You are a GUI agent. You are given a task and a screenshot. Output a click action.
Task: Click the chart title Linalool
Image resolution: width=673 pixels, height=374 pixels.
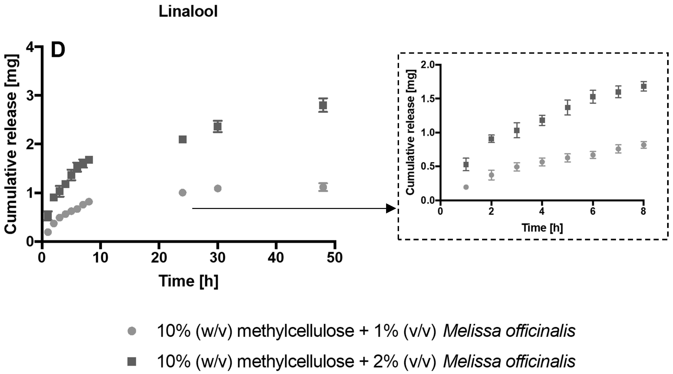(x=188, y=12)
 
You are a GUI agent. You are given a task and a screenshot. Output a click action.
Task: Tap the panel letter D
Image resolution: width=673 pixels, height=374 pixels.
(x=58, y=50)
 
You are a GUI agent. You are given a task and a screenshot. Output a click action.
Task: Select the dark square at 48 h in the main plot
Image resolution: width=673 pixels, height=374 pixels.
(x=323, y=105)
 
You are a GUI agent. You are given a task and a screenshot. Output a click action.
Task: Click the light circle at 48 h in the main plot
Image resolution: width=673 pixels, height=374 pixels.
(x=323, y=187)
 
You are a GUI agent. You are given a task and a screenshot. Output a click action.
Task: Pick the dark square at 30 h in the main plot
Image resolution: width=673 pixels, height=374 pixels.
(x=218, y=126)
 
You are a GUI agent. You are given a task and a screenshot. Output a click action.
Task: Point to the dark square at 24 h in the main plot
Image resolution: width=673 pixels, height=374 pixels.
(x=183, y=139)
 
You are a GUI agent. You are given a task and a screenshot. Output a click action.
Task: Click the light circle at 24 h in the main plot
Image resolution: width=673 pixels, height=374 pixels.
(x=183, y=193)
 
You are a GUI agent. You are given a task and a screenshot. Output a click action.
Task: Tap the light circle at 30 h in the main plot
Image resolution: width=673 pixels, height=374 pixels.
(x=218, y=188)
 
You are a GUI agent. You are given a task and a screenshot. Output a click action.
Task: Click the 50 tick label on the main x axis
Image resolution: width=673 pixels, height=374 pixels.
(x=335, y=258)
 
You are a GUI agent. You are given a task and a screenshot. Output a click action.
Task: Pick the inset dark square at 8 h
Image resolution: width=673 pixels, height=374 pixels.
(x=644, y=86)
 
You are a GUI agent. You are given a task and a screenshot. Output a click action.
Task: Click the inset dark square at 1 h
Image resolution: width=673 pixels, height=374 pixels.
(x=466, y=164)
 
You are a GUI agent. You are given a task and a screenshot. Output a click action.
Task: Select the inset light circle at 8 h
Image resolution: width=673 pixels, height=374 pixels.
(x=644, y=145)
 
